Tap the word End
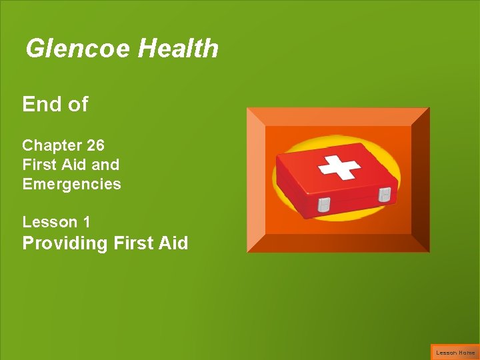click(41, 105)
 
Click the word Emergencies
click(71, 184)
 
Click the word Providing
click(65, 243)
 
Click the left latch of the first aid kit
click(323, 204)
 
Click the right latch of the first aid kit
click(385, 195)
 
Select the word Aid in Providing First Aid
click(173, 243)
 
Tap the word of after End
click(77, 105)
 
